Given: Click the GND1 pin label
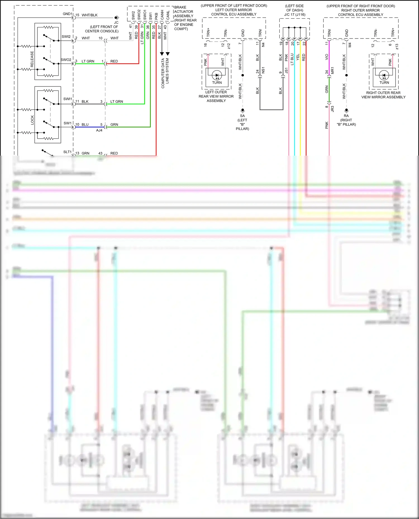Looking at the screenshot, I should [x=67, y=14].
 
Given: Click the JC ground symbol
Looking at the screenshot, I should [x=116, y=18].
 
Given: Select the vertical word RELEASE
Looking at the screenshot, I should [x=32, y=59].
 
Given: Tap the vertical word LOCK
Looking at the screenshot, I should [x=32, y=120].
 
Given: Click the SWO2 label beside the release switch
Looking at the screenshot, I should [x=66, y=60].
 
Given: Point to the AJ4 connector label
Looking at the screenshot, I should [x=99, y=130].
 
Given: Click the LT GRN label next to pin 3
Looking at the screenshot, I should [x=88, y=61].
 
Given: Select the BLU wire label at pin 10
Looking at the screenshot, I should [x=85, y=125].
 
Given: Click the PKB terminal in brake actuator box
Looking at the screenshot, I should [x=156, y=16].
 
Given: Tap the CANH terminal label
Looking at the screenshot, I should [x=162, y=15].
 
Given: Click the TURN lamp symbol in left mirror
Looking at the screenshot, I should [x=217, y=75].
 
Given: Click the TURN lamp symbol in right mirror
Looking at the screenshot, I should [x=384, y=75].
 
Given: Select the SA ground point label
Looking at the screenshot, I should [x=242, y=116].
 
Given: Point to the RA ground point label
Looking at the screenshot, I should [x=346, y=116].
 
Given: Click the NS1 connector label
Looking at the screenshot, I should [x=263, y=70].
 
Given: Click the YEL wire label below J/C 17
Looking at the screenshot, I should [x=298, y=57].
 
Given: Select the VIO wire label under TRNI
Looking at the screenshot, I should [x=327, y=57].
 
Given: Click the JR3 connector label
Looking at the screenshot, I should [x=332, y=109].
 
